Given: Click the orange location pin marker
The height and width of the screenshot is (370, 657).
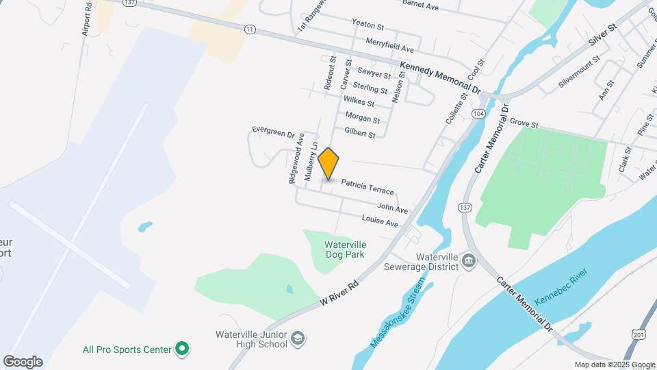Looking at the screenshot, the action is [x=328, y=163].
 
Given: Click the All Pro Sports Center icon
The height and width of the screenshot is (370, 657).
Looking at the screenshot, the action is [x=181, y=349].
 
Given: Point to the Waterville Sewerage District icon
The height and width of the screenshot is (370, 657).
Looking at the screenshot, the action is [x=469, y=260].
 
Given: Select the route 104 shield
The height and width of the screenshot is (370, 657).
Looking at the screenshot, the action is [x=479, y=114].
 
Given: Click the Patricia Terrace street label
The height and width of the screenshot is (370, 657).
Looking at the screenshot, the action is [x=368, y=186].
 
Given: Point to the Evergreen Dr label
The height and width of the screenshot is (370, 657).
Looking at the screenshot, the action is [x=272, y=130].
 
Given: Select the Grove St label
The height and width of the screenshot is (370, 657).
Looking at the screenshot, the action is [x=525, y=123].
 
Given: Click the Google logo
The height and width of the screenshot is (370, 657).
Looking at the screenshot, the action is [x=23, y=362].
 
